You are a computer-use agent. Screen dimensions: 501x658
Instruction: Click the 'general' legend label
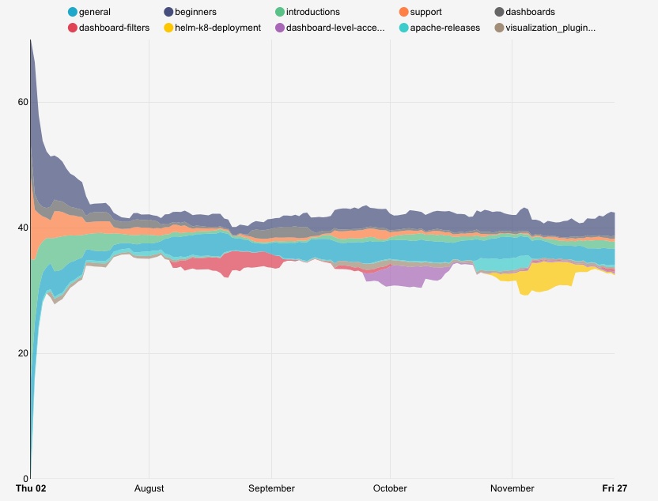94,13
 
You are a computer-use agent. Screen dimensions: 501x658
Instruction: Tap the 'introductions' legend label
312,13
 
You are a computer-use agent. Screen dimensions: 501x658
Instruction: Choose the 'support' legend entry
425,13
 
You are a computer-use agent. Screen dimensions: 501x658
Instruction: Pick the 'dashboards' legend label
531,13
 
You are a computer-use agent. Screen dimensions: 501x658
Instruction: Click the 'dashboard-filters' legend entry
114,28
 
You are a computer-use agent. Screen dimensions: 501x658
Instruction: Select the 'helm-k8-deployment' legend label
217,28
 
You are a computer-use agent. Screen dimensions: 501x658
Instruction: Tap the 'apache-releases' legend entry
445,28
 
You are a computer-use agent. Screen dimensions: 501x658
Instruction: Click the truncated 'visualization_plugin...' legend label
550,28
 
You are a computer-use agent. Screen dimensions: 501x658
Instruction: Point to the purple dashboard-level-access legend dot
279,28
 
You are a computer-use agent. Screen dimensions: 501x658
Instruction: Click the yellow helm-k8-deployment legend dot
168,28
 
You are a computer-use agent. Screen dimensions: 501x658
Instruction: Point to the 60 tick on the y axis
23,103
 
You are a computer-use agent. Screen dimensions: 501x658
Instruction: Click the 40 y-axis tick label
23,228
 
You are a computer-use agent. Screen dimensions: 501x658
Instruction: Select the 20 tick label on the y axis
23,353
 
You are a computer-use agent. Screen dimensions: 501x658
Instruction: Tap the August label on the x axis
149,488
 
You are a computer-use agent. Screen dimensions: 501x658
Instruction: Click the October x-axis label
390,488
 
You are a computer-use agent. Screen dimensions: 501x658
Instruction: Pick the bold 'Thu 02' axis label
31,488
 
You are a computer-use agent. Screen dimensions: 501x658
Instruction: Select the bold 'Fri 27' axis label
615,488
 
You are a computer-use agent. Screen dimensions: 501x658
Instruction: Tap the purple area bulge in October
411,277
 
